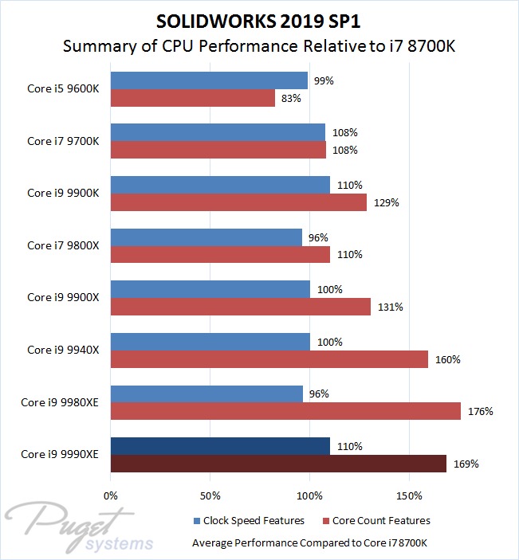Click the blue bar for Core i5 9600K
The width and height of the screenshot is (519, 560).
coord(209,80)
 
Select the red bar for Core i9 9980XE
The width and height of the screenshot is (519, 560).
coord(285,411)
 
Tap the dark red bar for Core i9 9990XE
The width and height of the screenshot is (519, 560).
coord(278,464)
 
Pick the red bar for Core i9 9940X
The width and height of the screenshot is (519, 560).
coord(269,359)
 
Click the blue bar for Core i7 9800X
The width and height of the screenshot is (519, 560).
coord(206,237)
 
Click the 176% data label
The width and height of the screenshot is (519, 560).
coord(481,412)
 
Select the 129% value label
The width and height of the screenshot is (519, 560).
coord(387,202)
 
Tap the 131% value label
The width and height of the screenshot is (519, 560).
coord(390,307)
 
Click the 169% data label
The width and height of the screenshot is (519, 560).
coord(466,464)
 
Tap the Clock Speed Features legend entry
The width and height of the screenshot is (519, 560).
coord(248,521)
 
